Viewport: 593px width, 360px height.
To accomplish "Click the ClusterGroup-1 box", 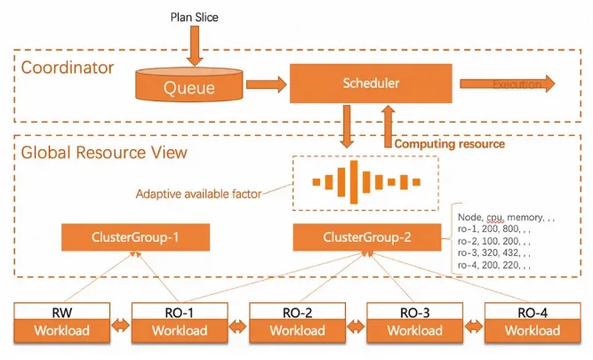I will pyautogui.click(x=135, y=237).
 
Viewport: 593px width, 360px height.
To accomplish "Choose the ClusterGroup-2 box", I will pyautogui.click(x=366, y=237).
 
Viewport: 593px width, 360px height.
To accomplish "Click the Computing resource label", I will pyautogui.click(x=450, y=143).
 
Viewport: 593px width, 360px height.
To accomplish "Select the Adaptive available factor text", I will pyautogui.click(x=199, y=193).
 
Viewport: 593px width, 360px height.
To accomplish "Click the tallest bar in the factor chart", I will pyautogui.click(x=354, y=181).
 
